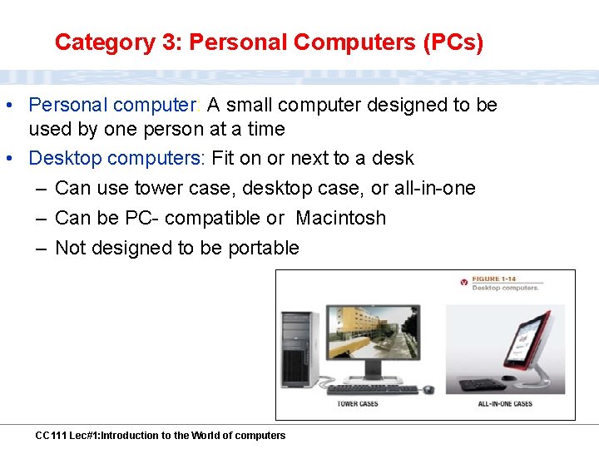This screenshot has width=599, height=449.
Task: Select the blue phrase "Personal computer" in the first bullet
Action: click(111, 105)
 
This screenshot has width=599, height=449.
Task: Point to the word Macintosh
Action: click(340, 218)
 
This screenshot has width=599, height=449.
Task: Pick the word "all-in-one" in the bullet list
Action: click(434, 188)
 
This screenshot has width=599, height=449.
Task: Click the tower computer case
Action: click(299, 347)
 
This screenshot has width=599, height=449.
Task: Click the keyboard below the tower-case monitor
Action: click(373, 389)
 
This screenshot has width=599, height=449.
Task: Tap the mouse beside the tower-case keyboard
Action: click(428, 389)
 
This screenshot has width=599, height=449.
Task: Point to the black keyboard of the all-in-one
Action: click(483, 385)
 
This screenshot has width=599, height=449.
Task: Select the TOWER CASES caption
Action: click(357, 404)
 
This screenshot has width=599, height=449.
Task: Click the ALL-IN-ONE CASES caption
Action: click(505, 404)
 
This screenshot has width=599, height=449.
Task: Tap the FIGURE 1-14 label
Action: click(498, 279)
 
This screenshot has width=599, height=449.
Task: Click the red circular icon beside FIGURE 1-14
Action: click(463, 283)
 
